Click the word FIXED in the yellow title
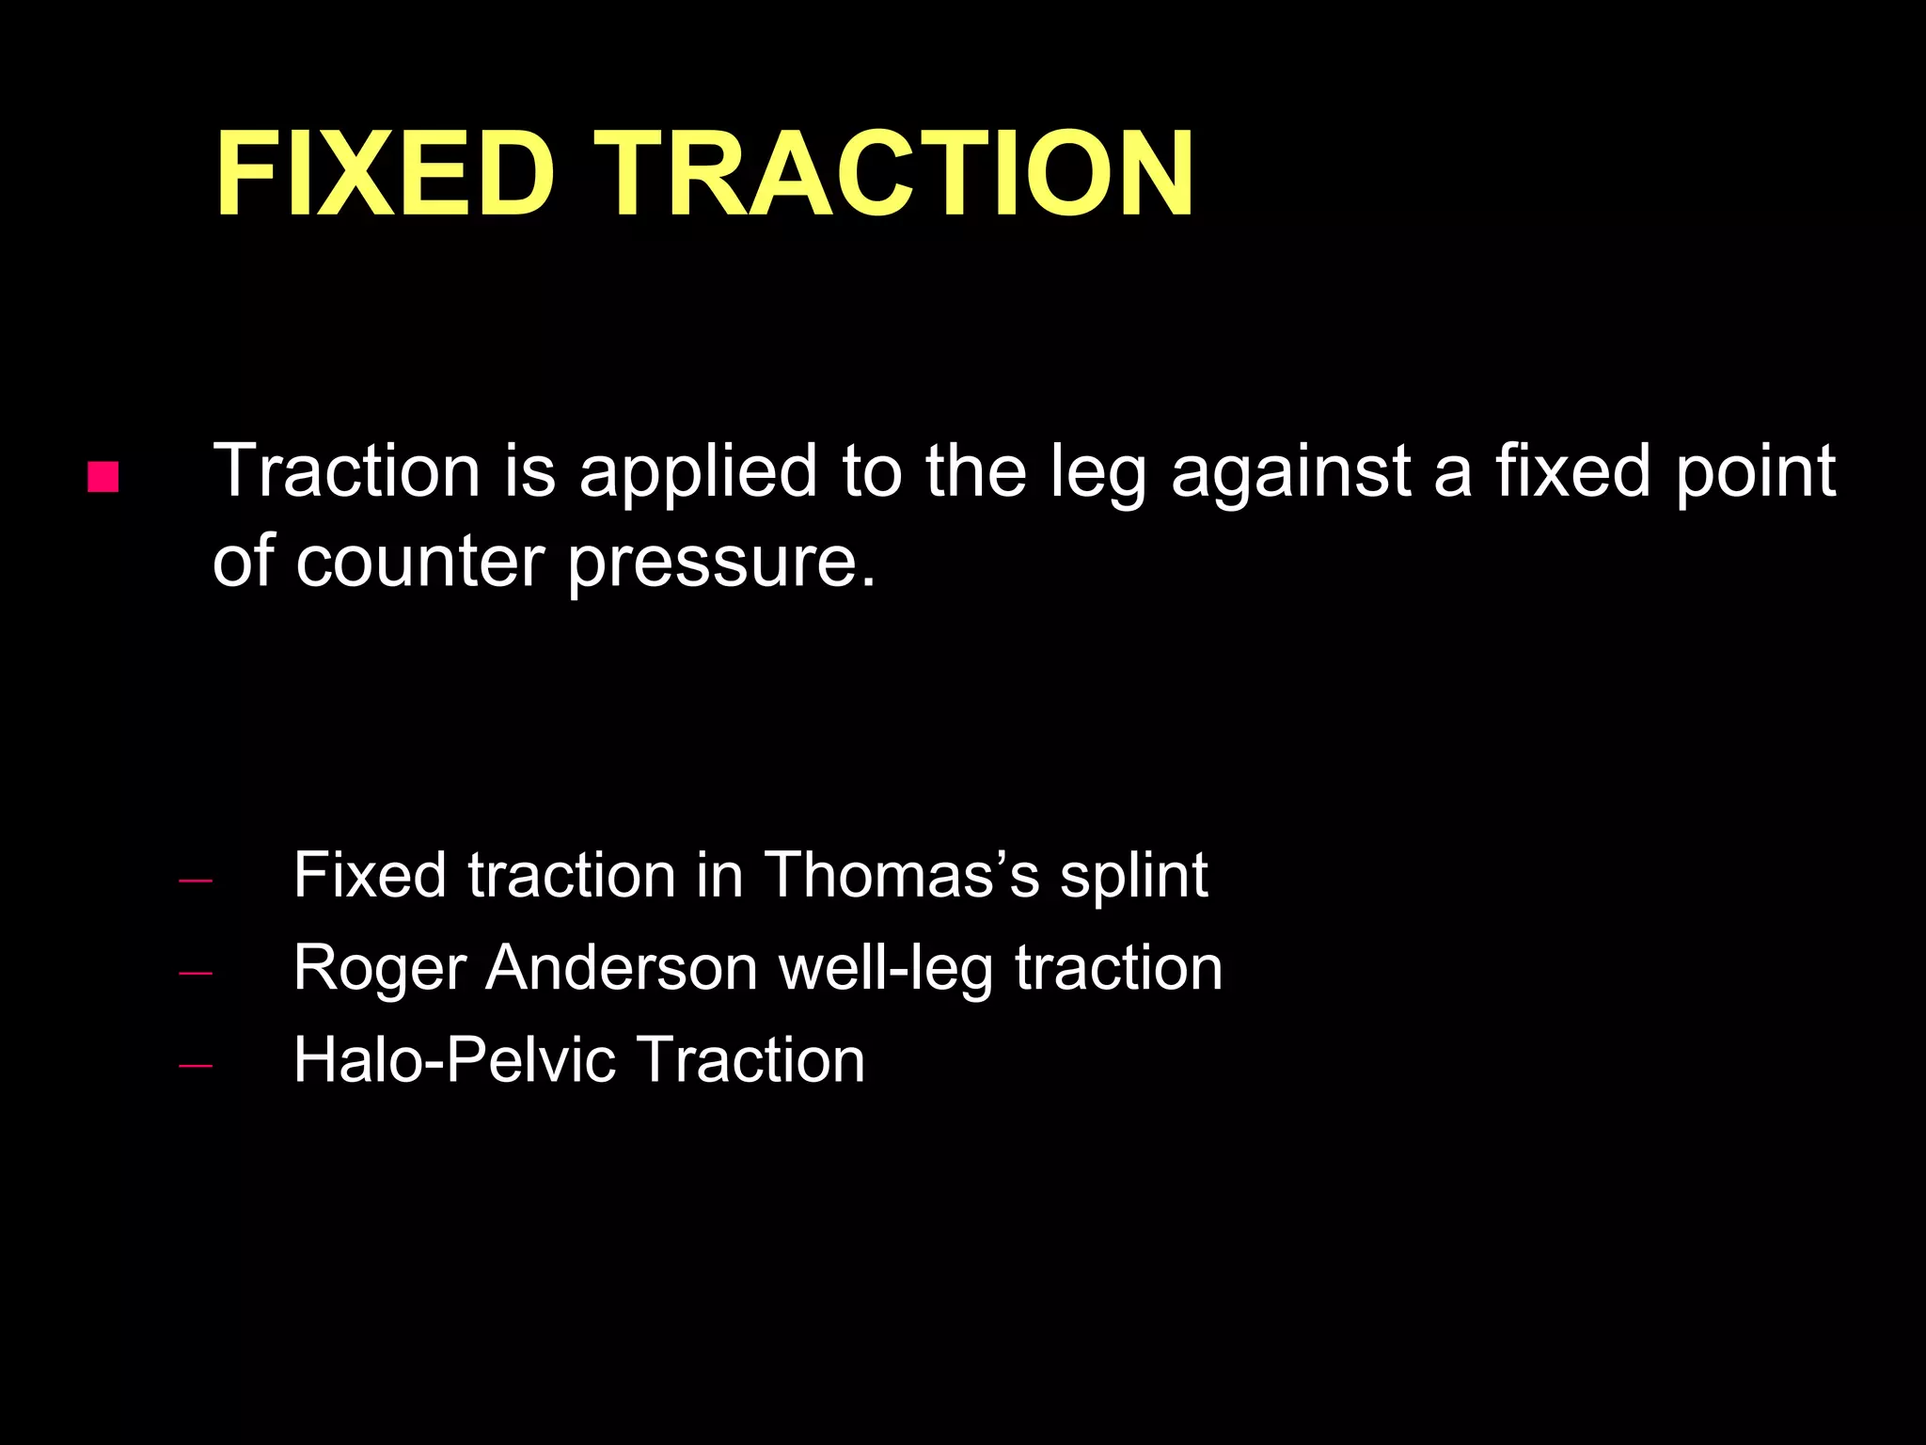pos(385,174)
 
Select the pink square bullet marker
pos(103,477)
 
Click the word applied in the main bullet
pos(697,473)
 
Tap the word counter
pos(419,563)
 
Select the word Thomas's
pos(902,875)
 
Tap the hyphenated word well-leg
pos(886,970)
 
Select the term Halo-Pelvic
pos(453,1061)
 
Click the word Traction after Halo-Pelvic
pos(750,1059)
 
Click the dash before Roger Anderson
pos(195,974)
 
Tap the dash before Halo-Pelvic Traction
pos(195,1065)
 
